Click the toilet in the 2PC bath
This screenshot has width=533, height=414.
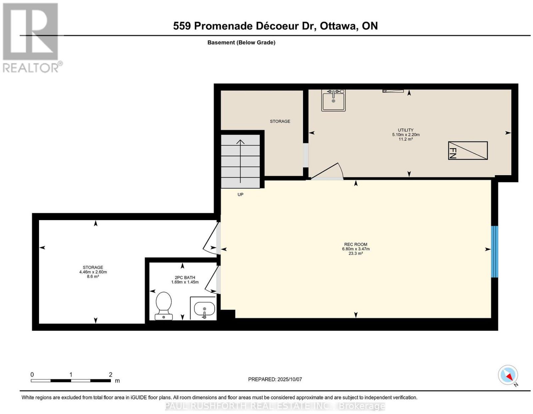coord(164,306)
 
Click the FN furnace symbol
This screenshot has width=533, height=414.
coord(468,151)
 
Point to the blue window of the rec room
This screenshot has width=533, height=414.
coord(494,251)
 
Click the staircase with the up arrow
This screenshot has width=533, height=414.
coord(241,162)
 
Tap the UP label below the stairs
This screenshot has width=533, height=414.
coord(241,195)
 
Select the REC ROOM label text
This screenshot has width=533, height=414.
coord(356,244)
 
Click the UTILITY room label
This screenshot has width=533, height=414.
coord(406,130)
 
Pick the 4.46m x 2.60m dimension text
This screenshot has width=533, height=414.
coord(93,272)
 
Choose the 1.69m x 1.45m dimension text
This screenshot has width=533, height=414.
coord(185,282)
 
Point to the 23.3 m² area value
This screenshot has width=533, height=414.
coord(356,253)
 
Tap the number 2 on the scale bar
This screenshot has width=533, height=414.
coord(111,375)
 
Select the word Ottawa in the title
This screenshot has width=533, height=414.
coord(338,26)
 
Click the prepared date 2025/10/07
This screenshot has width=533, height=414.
coord(289,379)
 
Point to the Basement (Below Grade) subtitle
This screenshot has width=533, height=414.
coord(242,42)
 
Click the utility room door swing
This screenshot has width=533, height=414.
coord(327,171)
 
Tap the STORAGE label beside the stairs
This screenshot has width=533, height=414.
coord(280,121)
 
